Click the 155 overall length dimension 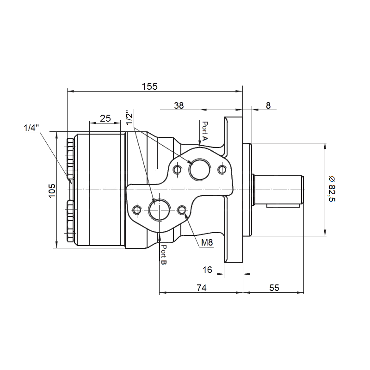(149, 86)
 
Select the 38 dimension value (179, 105)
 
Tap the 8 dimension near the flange (268, 105)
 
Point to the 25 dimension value (105, 118)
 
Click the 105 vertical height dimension (52, 191)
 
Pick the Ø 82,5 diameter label (332, 189)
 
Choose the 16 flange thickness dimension (207, 270)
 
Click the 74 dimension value (202, 288)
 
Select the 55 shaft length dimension (274, 288)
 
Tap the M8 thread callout (207, 242)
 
